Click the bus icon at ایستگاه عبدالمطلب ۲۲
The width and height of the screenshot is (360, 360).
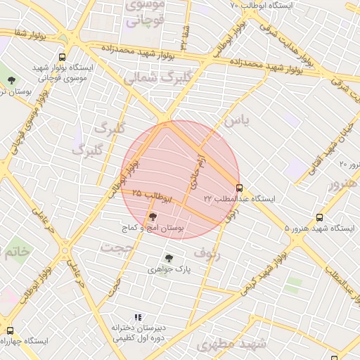pos(240,188)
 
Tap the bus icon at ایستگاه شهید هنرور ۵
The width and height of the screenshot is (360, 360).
pos(320,218)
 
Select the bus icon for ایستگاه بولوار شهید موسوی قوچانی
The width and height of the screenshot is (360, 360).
pos(63,57)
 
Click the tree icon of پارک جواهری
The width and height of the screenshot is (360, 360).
pos(167,258)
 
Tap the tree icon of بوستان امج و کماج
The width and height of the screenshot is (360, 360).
pos(153,217)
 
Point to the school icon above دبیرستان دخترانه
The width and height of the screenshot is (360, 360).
pos(138,317)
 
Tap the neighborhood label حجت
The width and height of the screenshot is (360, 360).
pos(116,247)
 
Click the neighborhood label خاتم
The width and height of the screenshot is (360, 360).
pos(15,251)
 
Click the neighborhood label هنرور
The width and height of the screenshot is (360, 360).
pos(342,184)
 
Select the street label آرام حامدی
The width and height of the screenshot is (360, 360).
pos(195,171)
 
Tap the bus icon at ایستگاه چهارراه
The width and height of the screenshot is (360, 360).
pos(10,330)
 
